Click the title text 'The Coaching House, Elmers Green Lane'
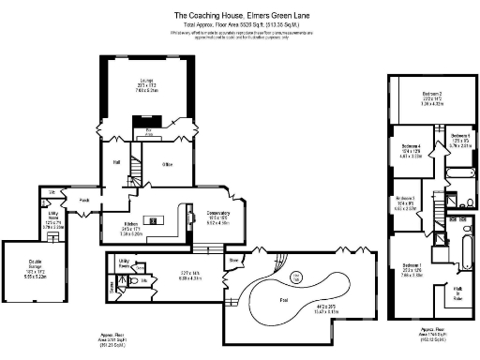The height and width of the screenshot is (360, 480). click(240, 15)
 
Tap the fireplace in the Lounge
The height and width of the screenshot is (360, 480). click(148, 122)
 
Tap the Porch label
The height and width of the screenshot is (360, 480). click(83, 199)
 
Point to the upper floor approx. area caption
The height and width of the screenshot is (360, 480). click(432, 332)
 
